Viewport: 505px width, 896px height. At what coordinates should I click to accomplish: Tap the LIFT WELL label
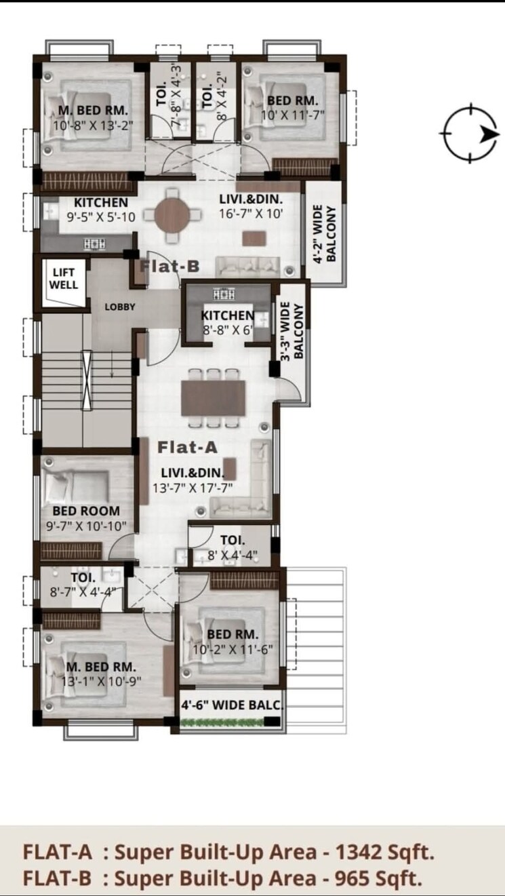click(x=64, y=279)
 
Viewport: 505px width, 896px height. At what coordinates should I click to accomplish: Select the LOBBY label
click(x=120, y=307)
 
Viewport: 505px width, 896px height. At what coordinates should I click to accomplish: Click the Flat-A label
click(x=188, y=447)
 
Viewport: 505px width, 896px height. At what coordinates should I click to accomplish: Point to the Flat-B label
click(x=169, y=267)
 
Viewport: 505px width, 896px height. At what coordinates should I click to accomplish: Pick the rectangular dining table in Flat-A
click(x=213, y=397)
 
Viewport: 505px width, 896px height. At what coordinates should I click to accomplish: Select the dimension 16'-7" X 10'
click(x=250, y=213)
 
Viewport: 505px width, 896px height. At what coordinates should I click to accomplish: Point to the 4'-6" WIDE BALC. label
click(x=230, y=705)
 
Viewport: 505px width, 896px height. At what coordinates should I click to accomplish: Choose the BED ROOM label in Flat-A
click(x=86, y=511)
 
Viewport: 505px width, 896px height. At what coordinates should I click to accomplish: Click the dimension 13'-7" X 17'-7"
click(x=193, y=487)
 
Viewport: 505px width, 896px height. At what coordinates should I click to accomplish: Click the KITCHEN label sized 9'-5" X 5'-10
click(x=100, y=203)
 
